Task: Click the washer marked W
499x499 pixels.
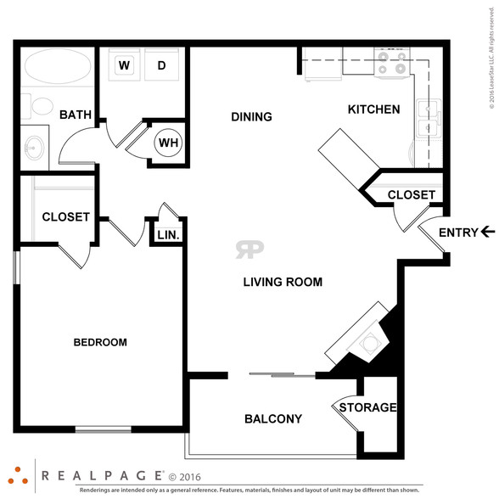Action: click(x=124, y=64)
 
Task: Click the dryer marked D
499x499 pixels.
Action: click(x=161, y=64)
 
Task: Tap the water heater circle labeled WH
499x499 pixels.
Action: click(x=168, y=143)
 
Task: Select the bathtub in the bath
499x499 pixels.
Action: click(x=58, y=66)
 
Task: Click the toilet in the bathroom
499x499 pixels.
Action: click(x=39, y=106)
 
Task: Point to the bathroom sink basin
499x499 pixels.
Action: click(x=34, y=148)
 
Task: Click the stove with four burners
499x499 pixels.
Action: click(x=392, y=63)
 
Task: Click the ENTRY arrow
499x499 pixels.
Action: click(x=488, y=232)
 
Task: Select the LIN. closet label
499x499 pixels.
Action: click(x=168, y=235)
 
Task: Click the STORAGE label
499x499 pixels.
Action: click(x=368, y=407)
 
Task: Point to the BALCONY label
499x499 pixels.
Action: click(x=273, y=419)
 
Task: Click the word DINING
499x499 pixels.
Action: click(x=251, y=117)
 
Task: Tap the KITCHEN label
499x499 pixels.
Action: click(x=374, y=109)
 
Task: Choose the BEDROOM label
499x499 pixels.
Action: click(x=100, y=342)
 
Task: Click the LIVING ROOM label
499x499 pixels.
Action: click(x=283, y=282)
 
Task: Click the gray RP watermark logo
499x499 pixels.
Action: click(x=249, y=249)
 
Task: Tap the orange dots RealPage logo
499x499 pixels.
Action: click(x=18, y=476)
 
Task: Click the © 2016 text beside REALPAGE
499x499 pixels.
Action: click(x=185, y=477)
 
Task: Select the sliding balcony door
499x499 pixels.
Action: click(x=283, y=375)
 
